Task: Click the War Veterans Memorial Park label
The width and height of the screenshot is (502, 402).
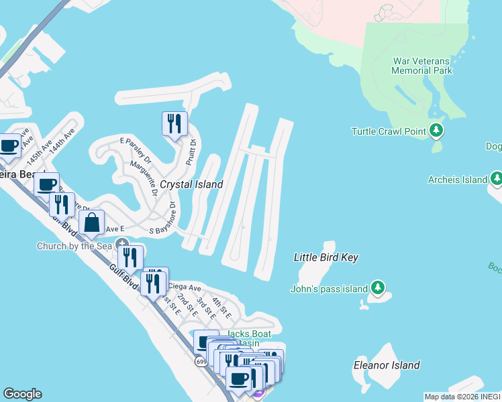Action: [422, 66]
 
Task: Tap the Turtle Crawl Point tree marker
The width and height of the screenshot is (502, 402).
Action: [438, 130]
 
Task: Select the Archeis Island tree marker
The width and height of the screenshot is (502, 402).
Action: [497, 178]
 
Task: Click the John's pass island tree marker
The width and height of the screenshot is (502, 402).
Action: [379, 288]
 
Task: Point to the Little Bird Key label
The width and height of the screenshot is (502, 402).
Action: [326, 257]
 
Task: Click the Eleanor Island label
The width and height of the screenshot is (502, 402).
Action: [387, 365]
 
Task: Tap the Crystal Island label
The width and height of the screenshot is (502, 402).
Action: [191, 184]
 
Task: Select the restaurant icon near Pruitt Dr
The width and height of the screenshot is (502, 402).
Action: [173, 123]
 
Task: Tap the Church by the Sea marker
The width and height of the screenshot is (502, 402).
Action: [122, 243]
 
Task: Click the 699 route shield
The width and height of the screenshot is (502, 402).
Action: [201, 362]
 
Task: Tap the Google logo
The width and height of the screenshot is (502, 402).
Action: [22, 394]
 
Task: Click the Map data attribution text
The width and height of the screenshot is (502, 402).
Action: [462, 397]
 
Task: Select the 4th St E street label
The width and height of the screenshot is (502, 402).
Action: [221, 308]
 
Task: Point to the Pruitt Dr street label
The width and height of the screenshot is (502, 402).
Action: [192, 152]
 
